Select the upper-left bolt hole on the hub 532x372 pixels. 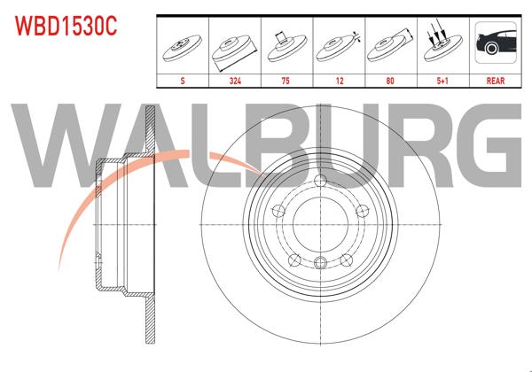276,211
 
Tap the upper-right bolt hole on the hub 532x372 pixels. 361,211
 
